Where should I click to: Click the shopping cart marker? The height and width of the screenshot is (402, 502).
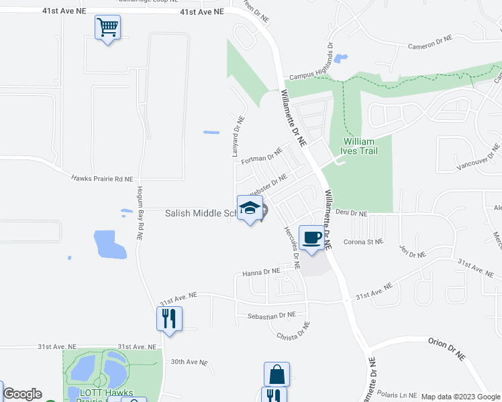[x=107, y=28]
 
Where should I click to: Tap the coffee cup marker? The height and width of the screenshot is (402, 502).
[x=312, y=238]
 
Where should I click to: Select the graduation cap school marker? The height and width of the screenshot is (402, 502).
[x=250, y=208]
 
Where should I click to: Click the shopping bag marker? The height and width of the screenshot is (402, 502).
[x=277, y=374]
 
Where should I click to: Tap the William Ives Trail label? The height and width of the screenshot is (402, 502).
[x=360, y=146]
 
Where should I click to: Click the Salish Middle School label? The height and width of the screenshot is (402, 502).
[x=201, y=213]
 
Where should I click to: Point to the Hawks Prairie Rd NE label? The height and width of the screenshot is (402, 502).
[x=103, y=179]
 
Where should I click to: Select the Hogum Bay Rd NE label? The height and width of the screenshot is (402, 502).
[x=140, y=213]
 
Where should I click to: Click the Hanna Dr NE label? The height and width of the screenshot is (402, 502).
[x=260, y=273]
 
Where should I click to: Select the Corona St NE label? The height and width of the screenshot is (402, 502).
[x=363, y=242]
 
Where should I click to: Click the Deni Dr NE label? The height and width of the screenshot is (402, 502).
[x=351, y=213]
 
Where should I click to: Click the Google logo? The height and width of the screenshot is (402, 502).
[x=22, y=394]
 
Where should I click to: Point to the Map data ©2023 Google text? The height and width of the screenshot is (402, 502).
[x=460, y=397]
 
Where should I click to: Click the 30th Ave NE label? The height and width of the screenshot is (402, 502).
[x=189, y=362]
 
